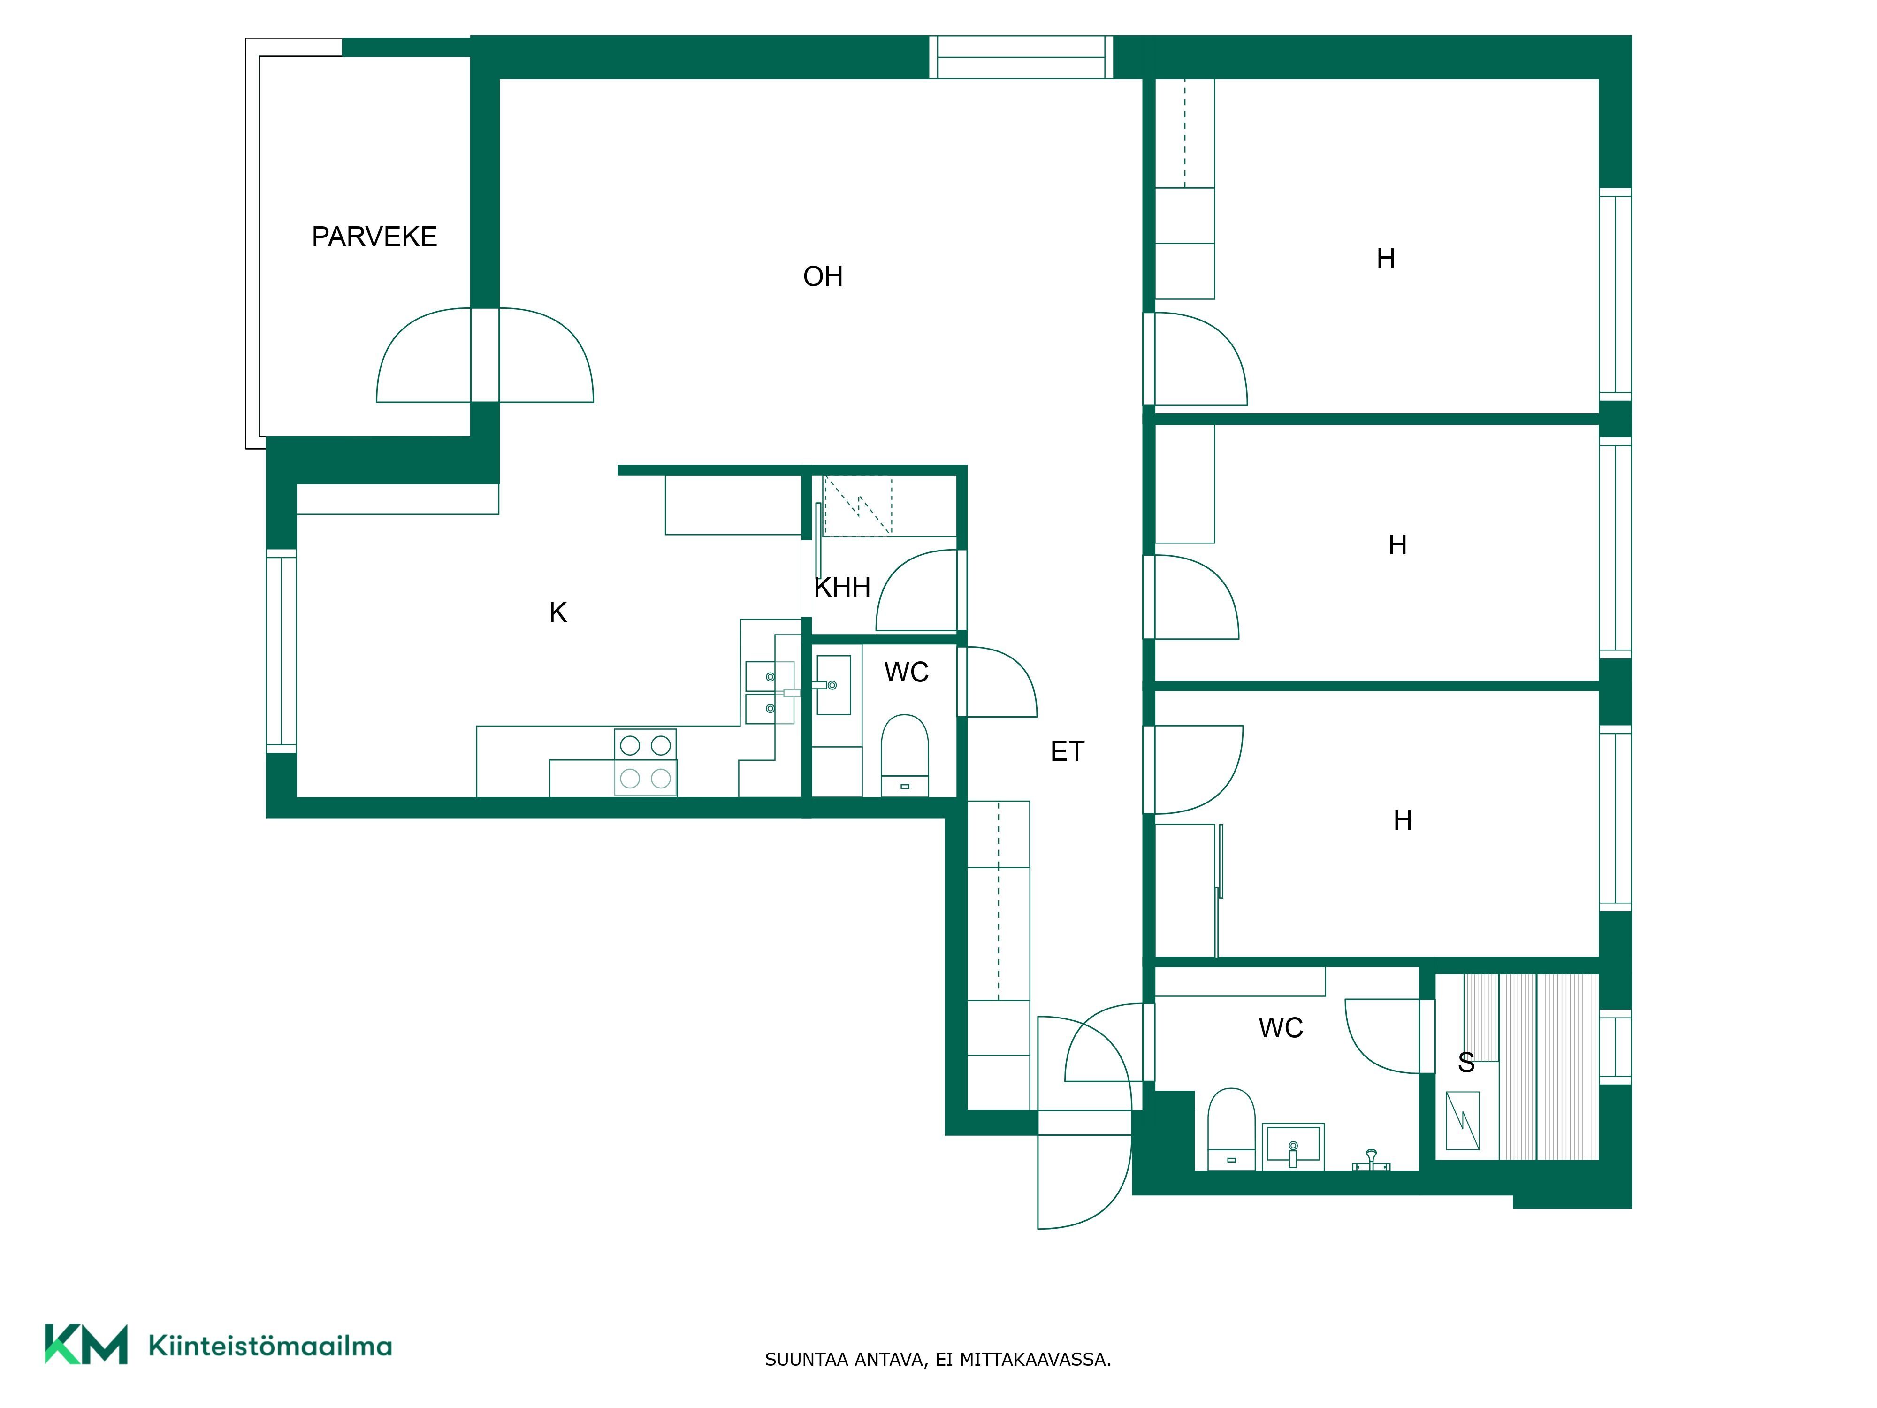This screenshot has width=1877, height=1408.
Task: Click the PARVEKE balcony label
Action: [374, 236]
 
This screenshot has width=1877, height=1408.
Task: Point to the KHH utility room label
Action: [842, 587]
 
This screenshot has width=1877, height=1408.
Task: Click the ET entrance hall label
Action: [1067, 751]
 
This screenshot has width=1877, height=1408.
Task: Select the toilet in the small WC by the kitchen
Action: [905, 755]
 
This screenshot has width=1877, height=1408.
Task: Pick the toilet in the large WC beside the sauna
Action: [1230, 1129]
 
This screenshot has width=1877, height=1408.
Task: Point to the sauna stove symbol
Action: [1462, 1120]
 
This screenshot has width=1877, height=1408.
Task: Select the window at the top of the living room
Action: [1021, 57]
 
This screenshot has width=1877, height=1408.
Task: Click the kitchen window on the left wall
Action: [282, 651]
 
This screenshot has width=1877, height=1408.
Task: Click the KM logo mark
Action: [86, 1344]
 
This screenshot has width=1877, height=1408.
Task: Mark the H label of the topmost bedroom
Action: [1386, 259]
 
